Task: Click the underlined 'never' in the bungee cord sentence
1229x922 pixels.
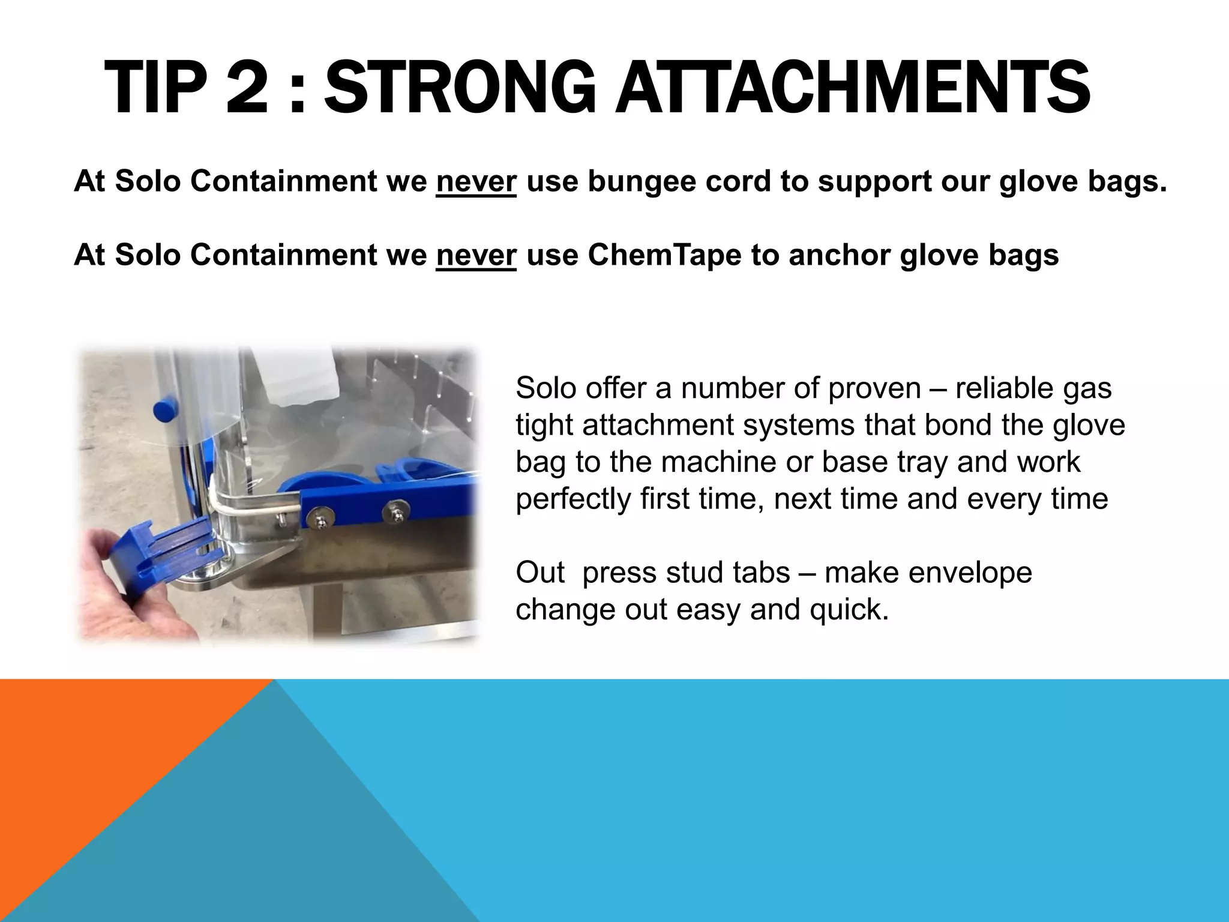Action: pyautogui.click(x=476, y=181)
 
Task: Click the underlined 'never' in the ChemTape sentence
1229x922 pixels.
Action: pyautogui.click(x=476, y=255)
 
